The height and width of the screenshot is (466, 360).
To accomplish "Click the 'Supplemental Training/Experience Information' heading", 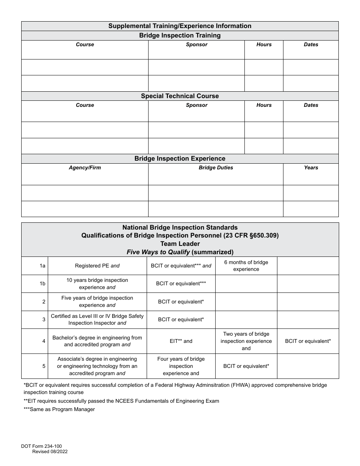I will coord(180,26).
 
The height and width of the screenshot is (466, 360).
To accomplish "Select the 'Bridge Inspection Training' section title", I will coord(180,36).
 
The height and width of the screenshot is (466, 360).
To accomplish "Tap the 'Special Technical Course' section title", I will coord(180,96).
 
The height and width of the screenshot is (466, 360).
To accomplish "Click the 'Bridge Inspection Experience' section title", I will coord(180,159).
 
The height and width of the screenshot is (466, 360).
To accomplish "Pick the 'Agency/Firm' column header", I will coord(85,168).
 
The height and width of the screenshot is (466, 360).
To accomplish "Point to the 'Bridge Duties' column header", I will coord(216,168).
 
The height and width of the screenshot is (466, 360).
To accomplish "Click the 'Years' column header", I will coord(311,168).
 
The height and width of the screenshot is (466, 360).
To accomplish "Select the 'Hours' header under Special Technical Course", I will coord(264,105).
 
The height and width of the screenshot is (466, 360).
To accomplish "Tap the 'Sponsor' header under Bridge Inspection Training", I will coord(196,45).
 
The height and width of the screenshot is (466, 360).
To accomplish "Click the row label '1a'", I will coord(42,266).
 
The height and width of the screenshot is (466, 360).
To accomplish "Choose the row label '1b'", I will coord(42,284).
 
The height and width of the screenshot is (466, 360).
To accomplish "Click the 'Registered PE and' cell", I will coord(97,266).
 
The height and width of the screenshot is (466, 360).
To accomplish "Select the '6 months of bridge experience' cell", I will coord(246,266).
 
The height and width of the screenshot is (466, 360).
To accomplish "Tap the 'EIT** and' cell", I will coord(181,341).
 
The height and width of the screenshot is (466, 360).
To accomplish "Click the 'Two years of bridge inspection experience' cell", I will coord(246,341).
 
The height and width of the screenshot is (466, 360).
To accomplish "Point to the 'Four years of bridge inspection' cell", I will coord(181,366).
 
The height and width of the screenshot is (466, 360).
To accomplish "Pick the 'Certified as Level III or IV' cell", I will coord(97,319).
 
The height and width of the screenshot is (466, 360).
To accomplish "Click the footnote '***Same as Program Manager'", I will coord(59,410).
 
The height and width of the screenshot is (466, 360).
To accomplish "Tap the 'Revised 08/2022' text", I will coord(50,452).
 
